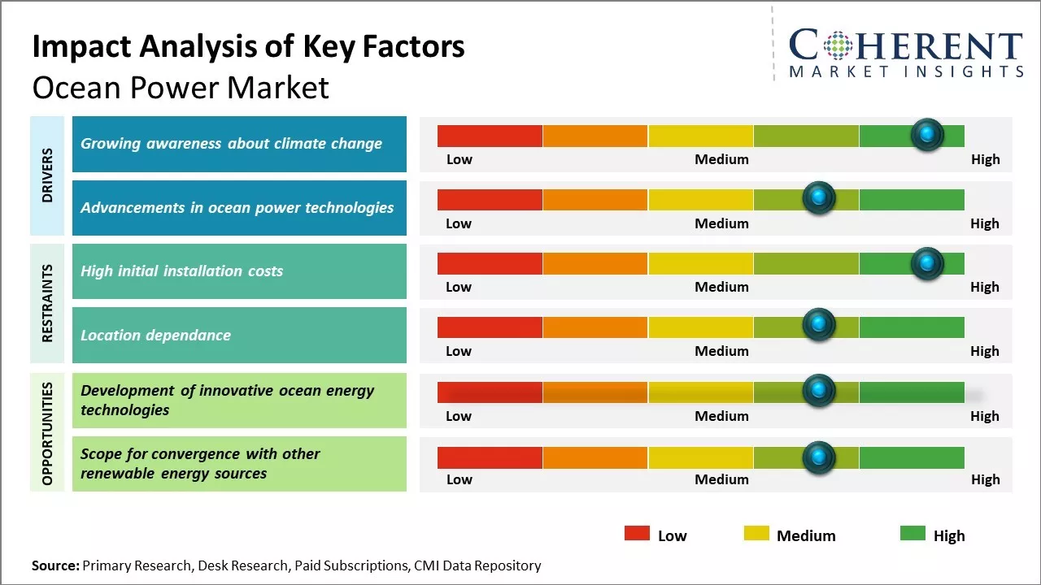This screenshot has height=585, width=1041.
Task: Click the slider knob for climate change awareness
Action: [926, 134]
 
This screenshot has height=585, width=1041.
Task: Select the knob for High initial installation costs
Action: [926, 262]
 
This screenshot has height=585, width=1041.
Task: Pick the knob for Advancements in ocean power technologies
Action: [818, 198]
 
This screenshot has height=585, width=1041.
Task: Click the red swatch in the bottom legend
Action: [637, 533]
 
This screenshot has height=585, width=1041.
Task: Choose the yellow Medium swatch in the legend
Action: [756, 533]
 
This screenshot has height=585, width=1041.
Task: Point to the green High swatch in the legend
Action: [913, 533]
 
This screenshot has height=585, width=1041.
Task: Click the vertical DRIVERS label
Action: [47, 175]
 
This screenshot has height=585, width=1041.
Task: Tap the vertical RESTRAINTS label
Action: [47, 303]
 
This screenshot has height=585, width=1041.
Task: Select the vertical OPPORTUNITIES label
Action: [47, 433]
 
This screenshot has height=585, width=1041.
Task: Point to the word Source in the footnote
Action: [55, 565]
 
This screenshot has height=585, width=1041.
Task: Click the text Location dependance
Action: [155, 335]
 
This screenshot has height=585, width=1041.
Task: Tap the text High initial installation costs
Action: [181, 271]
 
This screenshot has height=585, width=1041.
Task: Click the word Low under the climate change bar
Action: [459, 159]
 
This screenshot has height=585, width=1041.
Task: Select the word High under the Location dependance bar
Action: [984, 351]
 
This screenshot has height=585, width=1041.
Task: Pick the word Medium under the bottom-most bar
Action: [721, 479]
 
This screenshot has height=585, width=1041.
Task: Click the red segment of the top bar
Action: [490, 136]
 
